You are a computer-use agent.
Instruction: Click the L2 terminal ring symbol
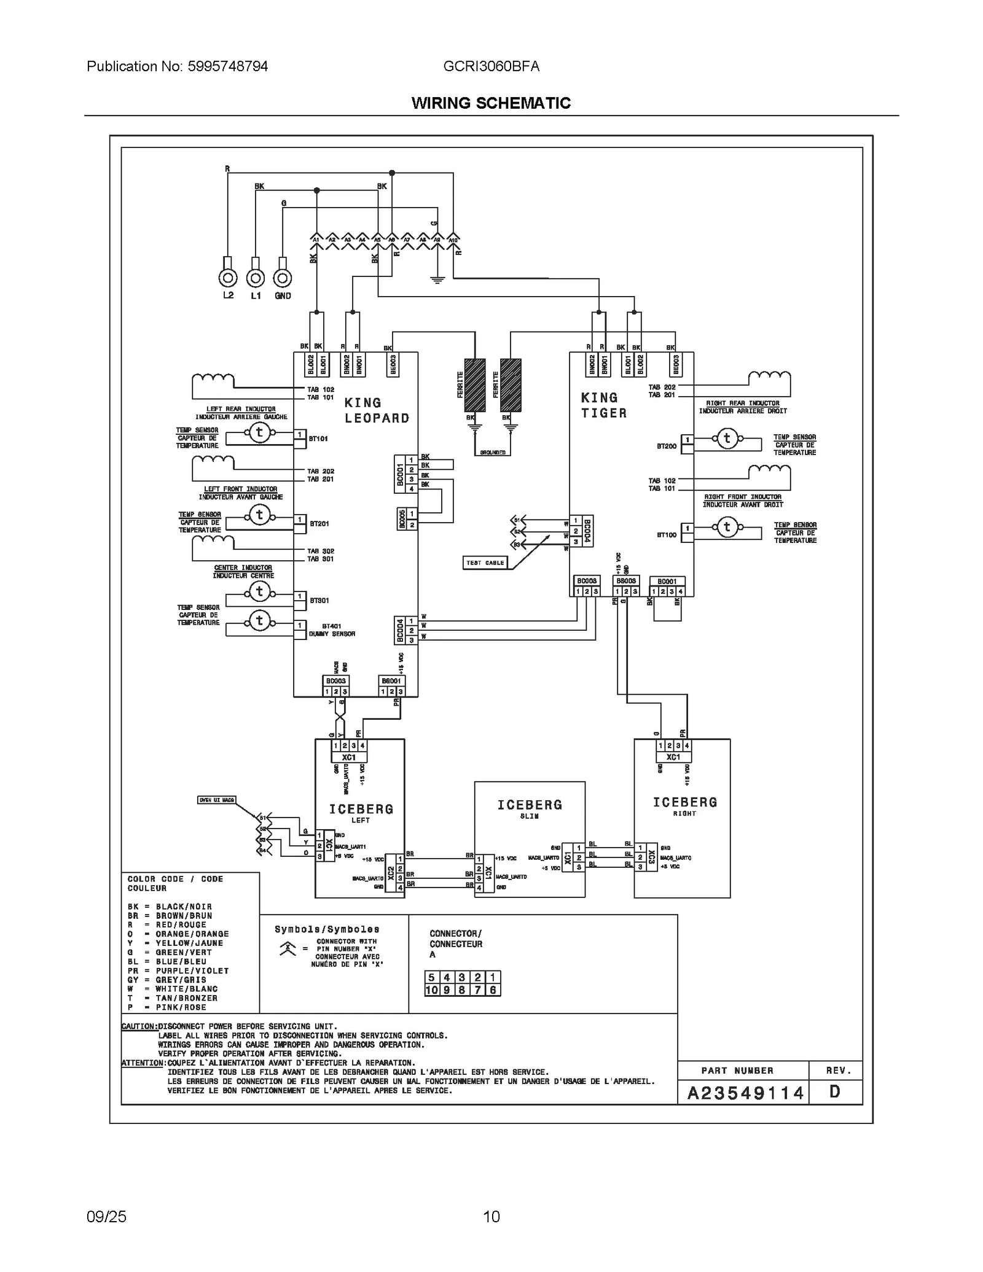(x=228, y=278)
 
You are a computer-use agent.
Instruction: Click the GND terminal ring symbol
(x=282, y=278)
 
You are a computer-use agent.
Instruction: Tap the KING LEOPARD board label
(x=377, y=410)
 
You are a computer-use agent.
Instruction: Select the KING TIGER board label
(x=604, y=405)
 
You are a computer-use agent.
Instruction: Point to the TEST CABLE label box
(x=485, y=563)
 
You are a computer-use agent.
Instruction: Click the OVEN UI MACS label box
(x=216, y=800)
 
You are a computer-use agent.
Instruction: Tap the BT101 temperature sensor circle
(x=259, y=432)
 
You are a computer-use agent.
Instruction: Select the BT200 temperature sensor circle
(x=727, y=439)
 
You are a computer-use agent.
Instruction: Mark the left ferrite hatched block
(x=474, y=385)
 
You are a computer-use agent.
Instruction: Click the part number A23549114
(x=745, y=1093)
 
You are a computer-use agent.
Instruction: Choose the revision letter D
(x=834, y=1092)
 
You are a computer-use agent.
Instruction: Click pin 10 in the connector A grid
(x=431, y=990)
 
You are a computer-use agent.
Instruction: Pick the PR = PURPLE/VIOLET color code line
(x=178, y=971)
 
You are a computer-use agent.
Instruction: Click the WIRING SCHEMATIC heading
(x=491, y=103)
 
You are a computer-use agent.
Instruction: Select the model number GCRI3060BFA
(x=491, y=66)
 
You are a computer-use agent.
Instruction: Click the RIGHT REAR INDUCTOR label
(x=742, y=404)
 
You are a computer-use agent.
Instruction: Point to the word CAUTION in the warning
(x=139, y=1026)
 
